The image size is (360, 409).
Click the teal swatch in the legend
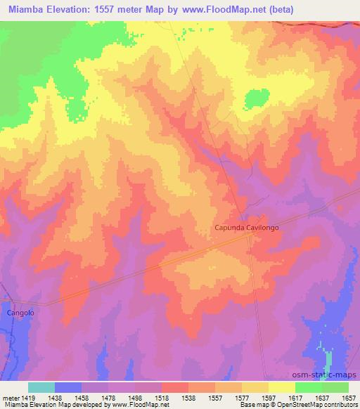point(41,387)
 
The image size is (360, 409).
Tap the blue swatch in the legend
point(68,387)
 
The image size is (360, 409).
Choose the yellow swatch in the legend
point(282,387)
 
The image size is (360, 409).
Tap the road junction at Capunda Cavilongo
point(251,237)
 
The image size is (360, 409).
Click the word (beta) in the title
point(276,10)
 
